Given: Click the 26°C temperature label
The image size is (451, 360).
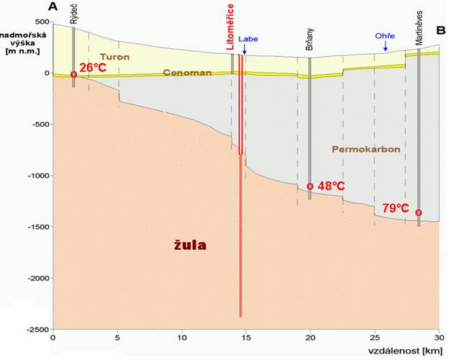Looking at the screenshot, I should [95, 68].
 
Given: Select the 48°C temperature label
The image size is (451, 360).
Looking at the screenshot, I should [331, 186].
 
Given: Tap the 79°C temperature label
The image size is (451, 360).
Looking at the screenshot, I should [396, 208].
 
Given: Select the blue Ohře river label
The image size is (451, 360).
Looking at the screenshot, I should [385, 36].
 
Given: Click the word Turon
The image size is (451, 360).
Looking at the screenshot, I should [115, 56].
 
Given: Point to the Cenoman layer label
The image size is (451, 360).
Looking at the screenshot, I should [187, 73].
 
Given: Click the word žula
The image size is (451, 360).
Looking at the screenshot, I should [190, 245].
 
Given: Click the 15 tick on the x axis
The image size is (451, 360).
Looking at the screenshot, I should [246, 336].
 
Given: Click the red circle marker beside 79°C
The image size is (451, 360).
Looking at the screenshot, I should [419, 212].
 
